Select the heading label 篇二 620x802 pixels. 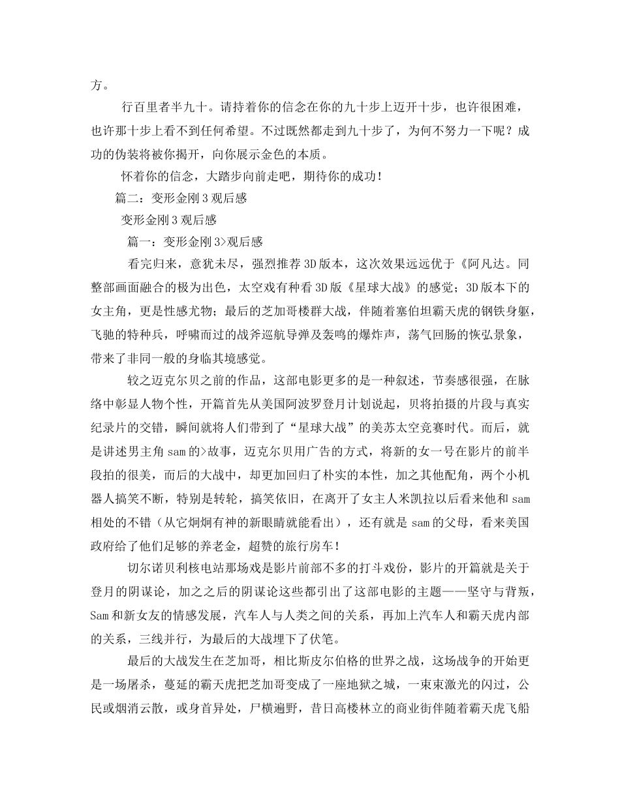click(x=127, y=198)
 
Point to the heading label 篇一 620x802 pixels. click(x=140, y=242)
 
